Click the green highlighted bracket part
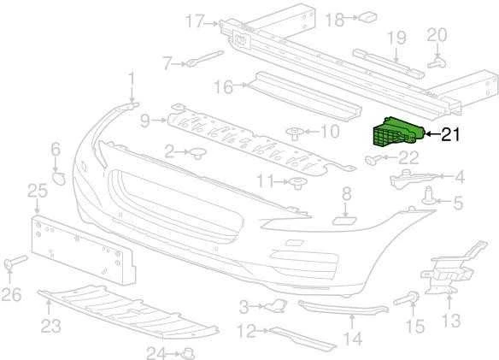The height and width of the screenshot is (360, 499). (398, 133)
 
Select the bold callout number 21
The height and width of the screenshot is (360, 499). (450, 134)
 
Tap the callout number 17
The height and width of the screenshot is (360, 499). (195, 21)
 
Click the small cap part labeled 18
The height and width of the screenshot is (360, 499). (368, 17)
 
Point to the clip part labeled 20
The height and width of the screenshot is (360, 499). (437, 62)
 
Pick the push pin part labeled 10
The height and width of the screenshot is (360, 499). (296, 133)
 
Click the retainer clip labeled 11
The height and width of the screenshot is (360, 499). (297, 184)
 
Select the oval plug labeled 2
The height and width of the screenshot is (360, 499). (197, 153)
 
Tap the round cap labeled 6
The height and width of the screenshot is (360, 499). (59, 178)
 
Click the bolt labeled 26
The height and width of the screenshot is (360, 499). (15, 262)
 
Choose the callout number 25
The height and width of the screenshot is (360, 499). (38, 191)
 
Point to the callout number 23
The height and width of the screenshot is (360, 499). (50, 325)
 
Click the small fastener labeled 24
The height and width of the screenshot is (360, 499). (188, 353)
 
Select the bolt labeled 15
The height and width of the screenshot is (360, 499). (407, 298)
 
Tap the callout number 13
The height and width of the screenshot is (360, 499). (451, 320)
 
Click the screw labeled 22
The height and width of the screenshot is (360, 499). (373, 159)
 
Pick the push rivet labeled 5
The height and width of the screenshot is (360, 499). (429, 197)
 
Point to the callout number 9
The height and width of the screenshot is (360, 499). (144, 121)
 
